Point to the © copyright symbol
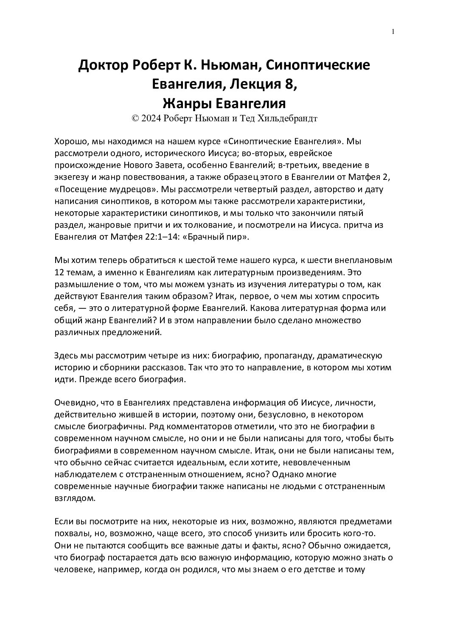pos(135,119)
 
